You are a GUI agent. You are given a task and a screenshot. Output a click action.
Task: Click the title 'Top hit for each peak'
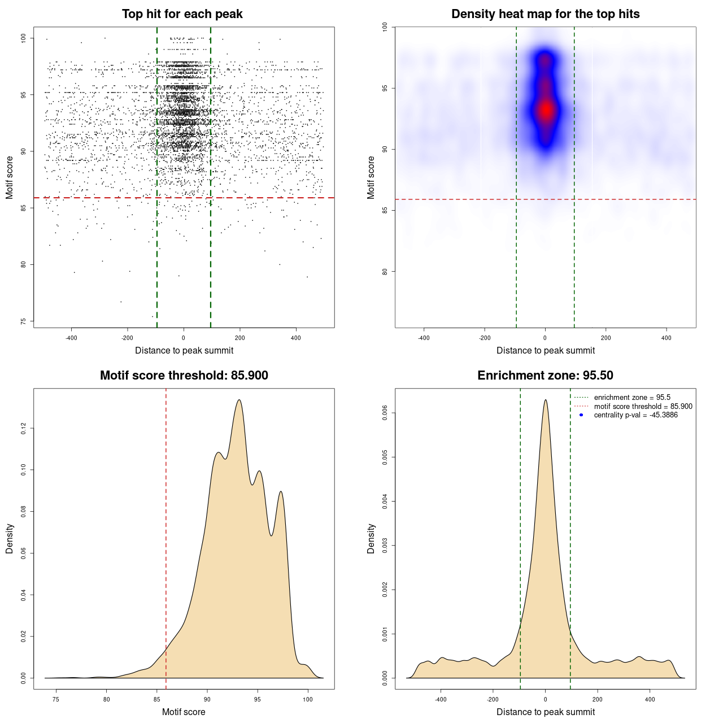[182, 14]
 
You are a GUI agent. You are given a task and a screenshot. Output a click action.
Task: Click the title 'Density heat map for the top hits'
[545, 14]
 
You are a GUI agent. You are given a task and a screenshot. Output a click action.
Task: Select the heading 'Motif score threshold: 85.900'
[184, 376]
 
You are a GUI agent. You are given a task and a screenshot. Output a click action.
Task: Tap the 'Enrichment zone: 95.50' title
[545, 376]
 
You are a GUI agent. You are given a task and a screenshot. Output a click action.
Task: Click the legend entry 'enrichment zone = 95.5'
[632, 398]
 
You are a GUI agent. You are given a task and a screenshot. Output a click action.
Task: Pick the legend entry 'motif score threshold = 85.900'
[643, 406]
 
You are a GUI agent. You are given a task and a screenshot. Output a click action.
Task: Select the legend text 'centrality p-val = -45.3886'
[635, 415]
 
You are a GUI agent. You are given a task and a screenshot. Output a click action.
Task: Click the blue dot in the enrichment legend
[581, 415]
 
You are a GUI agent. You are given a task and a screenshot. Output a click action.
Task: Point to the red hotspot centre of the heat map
[546, 110]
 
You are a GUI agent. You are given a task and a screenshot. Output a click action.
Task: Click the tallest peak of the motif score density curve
[239, 400]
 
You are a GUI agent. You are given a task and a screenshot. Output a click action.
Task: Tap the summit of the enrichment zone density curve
[546, 400]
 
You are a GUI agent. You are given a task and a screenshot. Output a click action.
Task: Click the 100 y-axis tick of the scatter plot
[23, 38]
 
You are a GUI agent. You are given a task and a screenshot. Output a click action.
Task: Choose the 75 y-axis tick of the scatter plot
[23, 321]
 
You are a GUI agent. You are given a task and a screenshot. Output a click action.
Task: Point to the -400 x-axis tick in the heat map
[424, 338]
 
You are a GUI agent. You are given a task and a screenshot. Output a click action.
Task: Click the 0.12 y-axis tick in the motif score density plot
[23, 429]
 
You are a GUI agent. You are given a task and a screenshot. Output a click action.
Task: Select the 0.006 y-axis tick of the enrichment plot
[385, 413]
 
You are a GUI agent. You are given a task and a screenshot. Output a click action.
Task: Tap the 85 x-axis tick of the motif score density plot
[157, 699]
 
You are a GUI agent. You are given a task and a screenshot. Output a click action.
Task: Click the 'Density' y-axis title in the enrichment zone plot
[371, 538]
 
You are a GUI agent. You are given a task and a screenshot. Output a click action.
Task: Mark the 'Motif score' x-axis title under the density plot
[184, 712]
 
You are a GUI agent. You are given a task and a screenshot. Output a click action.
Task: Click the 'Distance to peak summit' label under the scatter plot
[184, 350]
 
